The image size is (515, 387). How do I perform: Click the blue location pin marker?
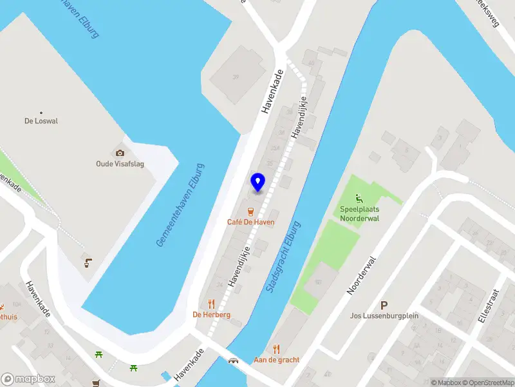pos(257,183)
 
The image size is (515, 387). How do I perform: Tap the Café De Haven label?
pos(251,222)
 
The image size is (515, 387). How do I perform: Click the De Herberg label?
pos(211,315)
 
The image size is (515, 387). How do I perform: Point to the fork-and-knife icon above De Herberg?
pos(211,303)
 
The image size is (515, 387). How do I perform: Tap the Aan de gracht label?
pos(277,360)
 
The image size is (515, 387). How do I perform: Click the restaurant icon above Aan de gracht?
pos(277,348)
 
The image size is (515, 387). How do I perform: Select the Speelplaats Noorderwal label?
pos(359,213)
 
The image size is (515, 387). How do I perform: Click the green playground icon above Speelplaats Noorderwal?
pos(359,198)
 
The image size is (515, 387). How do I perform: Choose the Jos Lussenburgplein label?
pos(384,317)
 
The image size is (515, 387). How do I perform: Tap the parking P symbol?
pos(384,305)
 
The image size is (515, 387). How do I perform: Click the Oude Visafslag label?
pos(119,164)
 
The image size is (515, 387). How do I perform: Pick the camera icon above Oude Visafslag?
pos(119,153)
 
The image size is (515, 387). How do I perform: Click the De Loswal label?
pos(41,121)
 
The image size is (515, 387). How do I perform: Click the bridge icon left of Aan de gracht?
pos(234,360)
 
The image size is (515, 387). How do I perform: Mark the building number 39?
pos(236,77)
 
